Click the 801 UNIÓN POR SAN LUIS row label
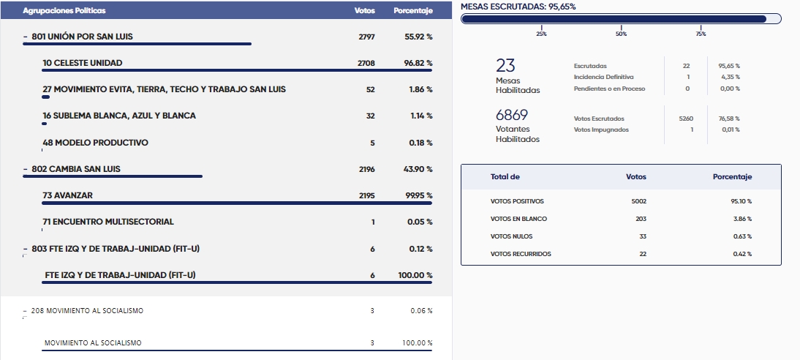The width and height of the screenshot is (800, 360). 82,37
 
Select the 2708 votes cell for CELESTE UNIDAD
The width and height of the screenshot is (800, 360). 366,63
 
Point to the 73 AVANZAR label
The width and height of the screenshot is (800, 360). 67,195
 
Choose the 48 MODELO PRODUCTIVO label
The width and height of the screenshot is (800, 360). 95,143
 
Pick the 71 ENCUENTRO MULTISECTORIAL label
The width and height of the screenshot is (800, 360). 108,222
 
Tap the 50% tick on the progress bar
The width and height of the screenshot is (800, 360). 621,34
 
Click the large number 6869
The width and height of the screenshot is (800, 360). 512,116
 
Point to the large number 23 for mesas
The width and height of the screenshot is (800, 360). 506,67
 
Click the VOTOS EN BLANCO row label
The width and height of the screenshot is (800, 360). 518,219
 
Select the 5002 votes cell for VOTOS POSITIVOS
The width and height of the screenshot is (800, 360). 638,201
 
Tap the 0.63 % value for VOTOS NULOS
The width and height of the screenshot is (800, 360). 743,236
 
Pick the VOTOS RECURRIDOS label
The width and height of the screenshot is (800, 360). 521,254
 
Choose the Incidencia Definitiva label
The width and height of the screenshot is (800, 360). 603,77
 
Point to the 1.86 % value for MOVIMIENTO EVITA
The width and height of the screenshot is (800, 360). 420,89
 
